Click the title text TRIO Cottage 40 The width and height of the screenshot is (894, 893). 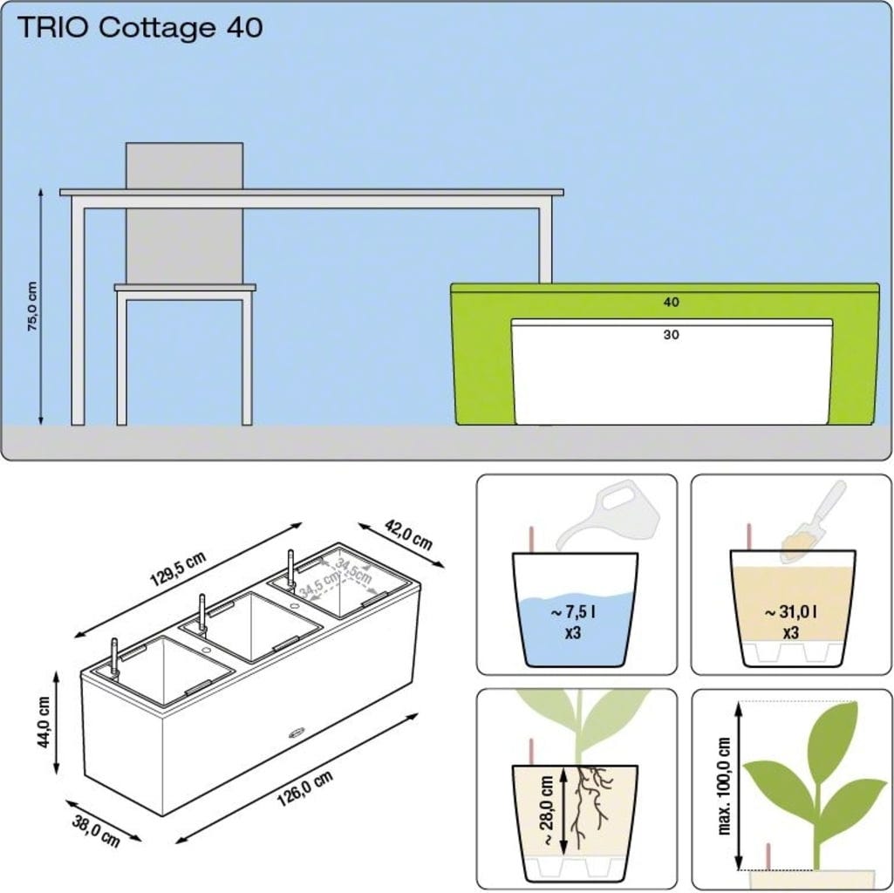tap(140, 28)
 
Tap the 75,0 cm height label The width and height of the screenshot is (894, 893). tap(32, 306)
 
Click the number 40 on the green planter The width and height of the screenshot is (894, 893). tap(671, 303)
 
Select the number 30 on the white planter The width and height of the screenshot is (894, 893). tap(671, 335)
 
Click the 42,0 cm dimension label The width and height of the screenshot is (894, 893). tap(408, 535)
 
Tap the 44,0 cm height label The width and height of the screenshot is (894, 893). tap(44, 722)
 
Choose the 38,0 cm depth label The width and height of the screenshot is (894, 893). tap(96, 831)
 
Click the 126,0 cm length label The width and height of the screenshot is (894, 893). tap(304, 788)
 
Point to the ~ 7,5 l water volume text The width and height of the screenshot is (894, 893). tap(574, 612)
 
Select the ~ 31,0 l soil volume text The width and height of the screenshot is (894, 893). tap(790, 612)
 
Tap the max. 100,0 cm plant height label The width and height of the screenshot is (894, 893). tap(724, 787)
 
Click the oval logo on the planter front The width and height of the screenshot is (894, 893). tap(296, 733)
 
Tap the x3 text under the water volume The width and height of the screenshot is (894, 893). tap(573, 633)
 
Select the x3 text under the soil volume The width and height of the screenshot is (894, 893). tap(790, 633)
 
